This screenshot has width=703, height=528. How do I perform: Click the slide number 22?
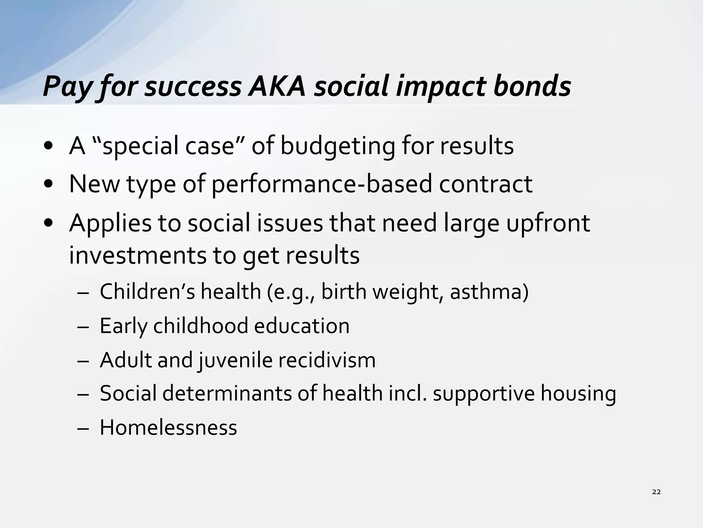coord(656,492)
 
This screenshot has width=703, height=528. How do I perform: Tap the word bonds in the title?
coord(532,86)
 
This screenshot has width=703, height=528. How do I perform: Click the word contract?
coord(486,184)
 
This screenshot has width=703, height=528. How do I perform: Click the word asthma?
coord(489,292)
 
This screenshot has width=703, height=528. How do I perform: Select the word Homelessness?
coord(168,428)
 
